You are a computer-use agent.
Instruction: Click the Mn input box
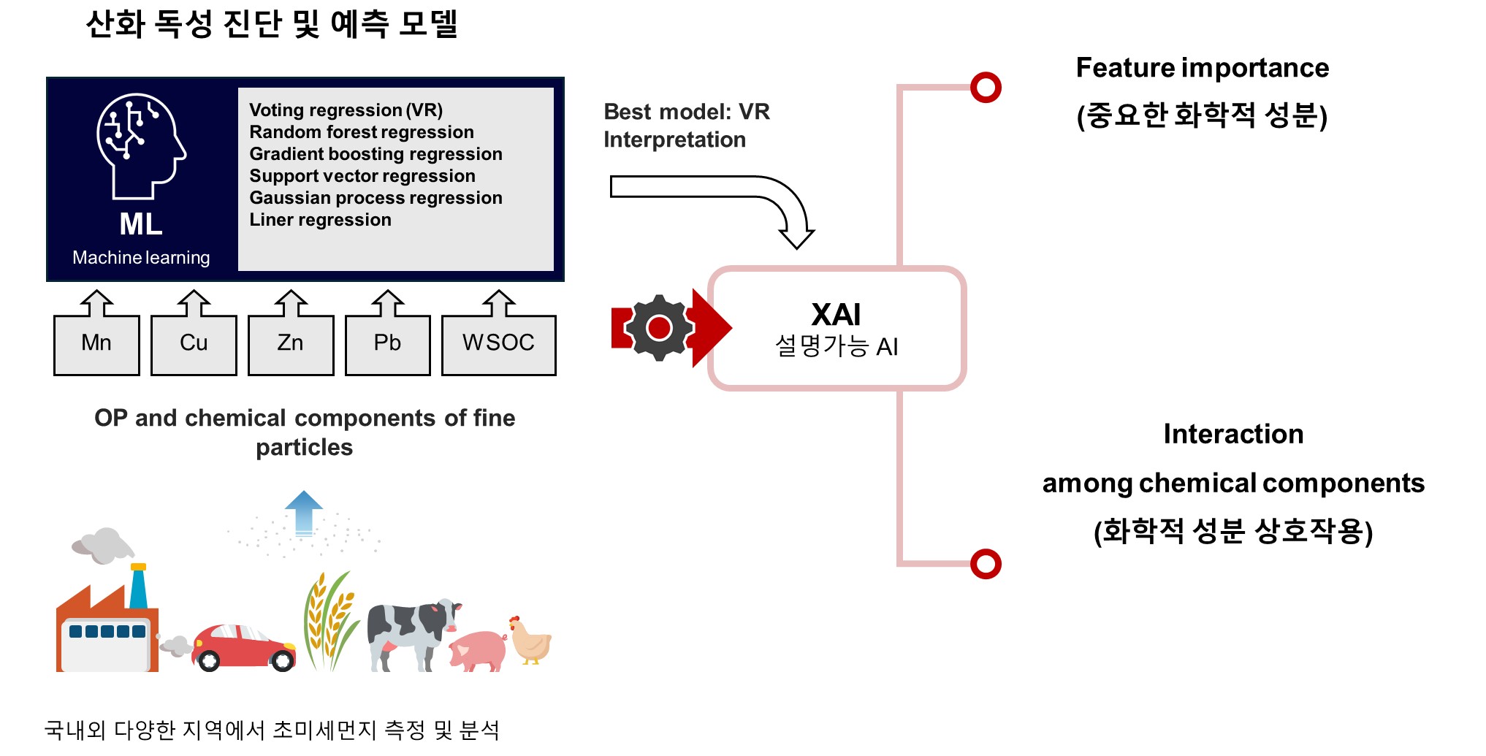coord(96,344)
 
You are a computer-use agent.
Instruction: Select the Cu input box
coord(194,344)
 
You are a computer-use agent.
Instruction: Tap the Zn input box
coord(291,344)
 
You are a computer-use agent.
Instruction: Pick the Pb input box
coord(387,344)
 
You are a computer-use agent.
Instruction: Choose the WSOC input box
coord(498,344)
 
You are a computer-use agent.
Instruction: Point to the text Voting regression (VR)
coord(346,110)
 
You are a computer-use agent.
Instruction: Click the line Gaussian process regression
coord(376,198)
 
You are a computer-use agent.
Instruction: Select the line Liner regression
coord(320,220)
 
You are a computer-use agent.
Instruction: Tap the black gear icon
coord(659,328)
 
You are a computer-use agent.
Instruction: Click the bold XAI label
coord(836,315)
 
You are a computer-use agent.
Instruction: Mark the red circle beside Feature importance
coord(986,88)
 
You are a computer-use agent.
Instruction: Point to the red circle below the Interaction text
coord(986,564)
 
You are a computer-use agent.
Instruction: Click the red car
coord(243,647)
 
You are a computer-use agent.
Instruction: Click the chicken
coord(529,641)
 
